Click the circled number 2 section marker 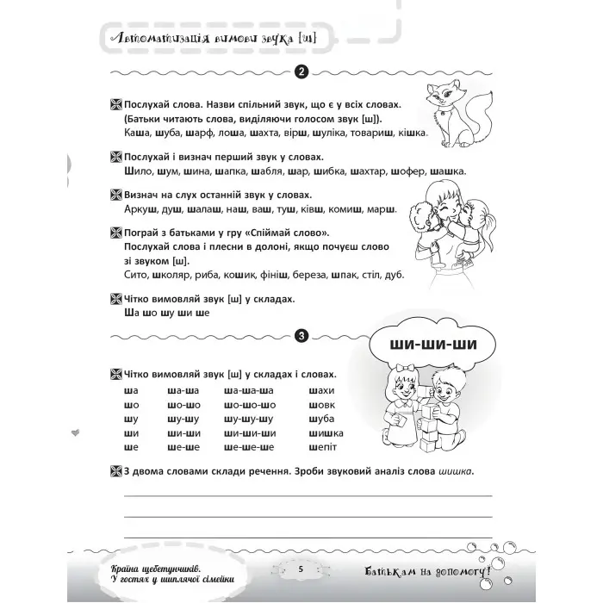point(301,72)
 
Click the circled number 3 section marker point(301,336)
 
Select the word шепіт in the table point(320,447)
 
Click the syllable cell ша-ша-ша point(246,389)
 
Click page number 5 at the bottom point(301,569)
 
